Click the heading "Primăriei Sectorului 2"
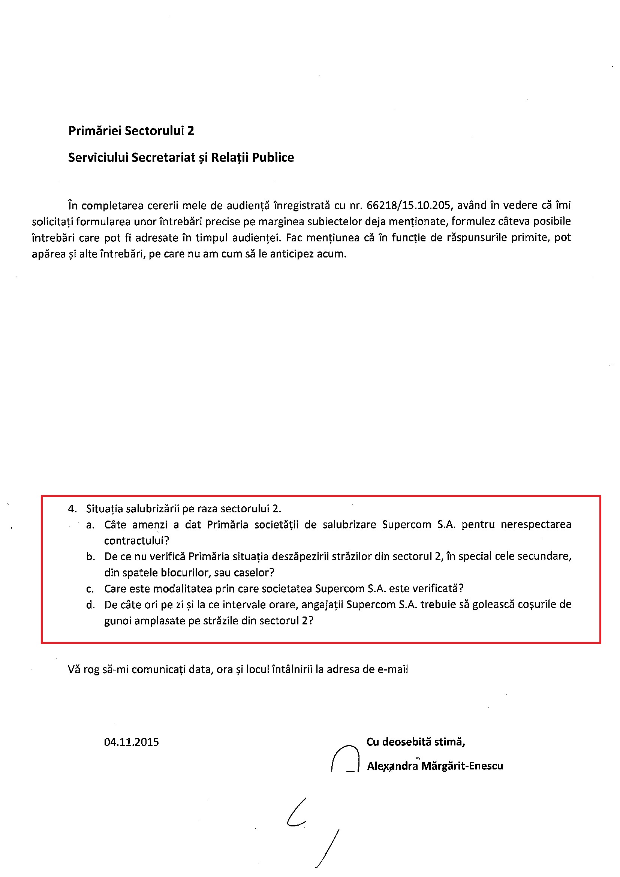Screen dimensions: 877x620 tap(131, 131)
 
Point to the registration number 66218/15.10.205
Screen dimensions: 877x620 tap(409, 205)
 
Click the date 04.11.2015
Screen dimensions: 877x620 tap(132, 742)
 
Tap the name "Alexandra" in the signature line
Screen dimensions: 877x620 tap(392, 766)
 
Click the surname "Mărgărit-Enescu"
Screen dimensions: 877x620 tap(462, 766)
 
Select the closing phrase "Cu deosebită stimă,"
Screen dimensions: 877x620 tap(416, 742)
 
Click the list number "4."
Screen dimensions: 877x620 tap(72, 509)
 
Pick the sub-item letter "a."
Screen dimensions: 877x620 tap(90, 525)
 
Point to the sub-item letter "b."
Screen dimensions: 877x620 tap(90, 557)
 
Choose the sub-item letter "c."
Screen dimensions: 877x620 tap(90, 589)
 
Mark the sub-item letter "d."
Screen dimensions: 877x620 tap(90, 605)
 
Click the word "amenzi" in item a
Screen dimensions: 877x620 tap(150, 525)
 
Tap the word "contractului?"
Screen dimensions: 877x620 tap(136, 541)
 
